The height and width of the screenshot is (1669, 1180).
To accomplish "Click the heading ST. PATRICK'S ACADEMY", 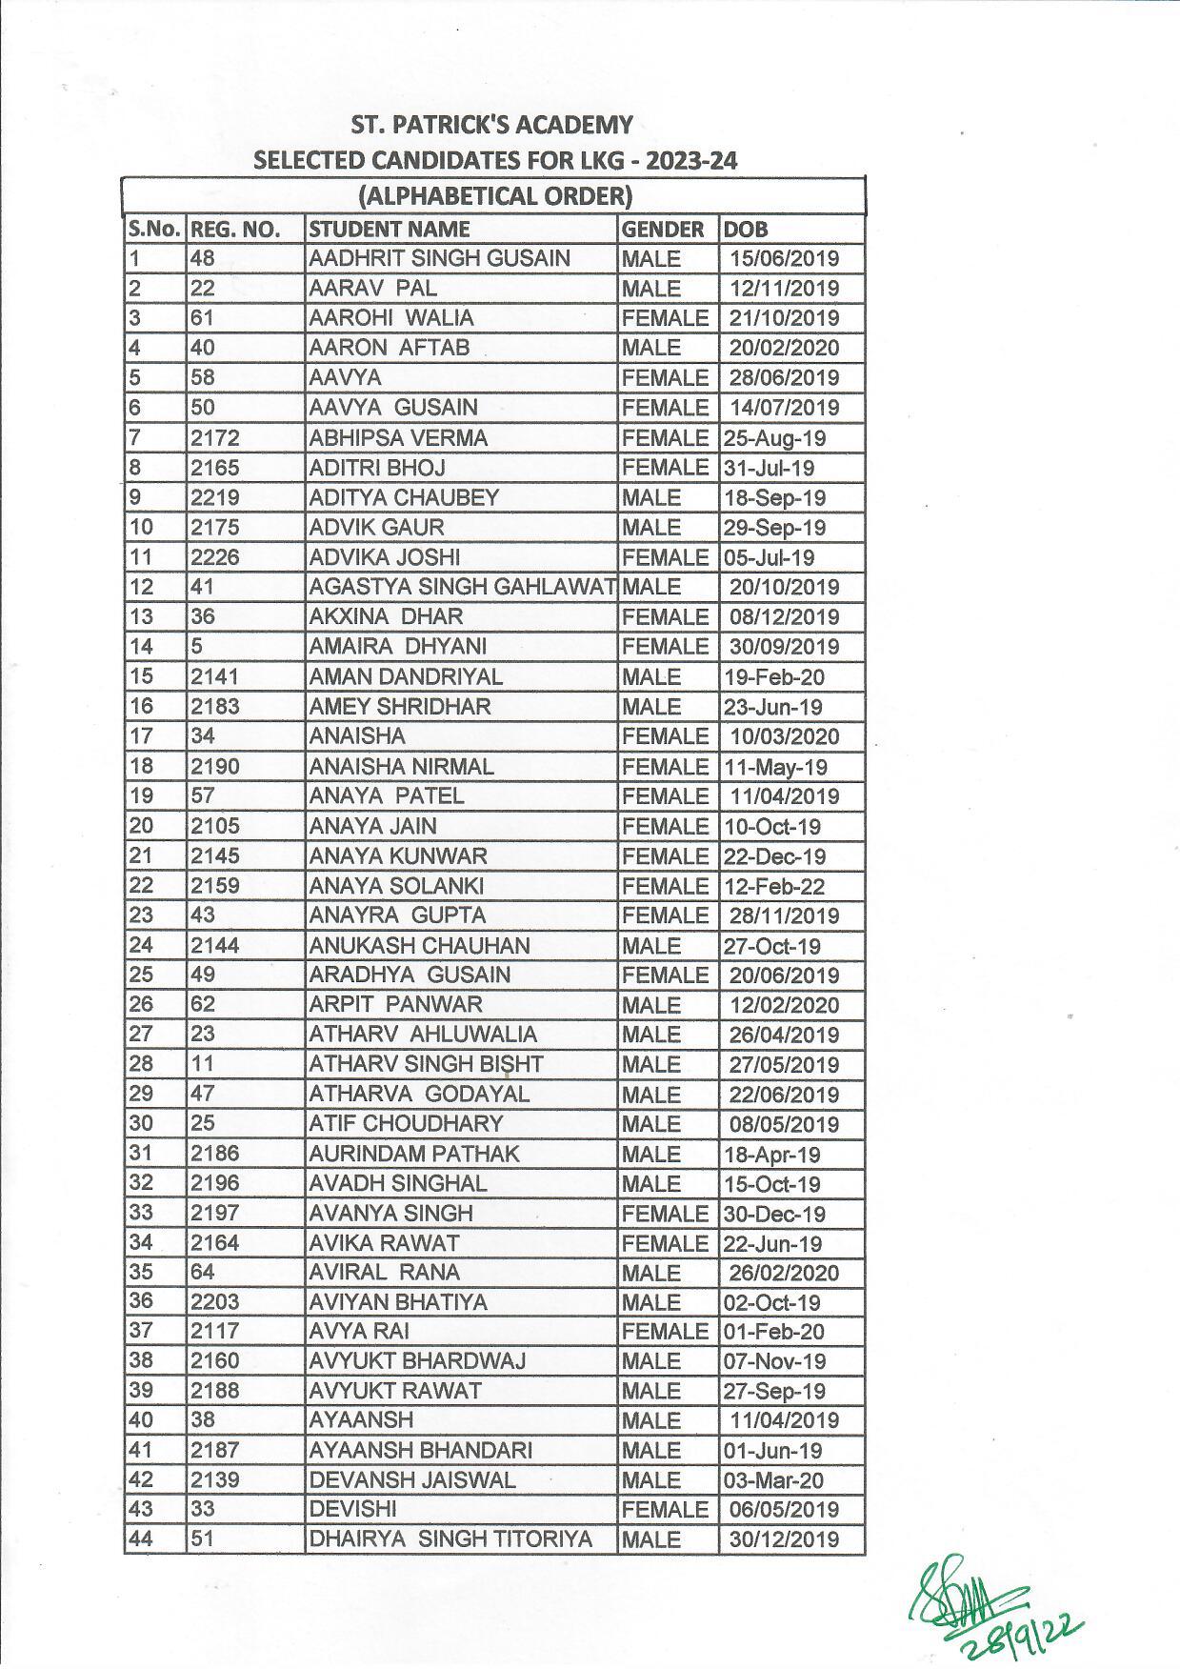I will (491, 125).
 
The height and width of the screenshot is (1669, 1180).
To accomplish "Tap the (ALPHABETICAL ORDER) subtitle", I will (494, 196).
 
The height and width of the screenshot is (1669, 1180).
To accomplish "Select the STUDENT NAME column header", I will (390, 229).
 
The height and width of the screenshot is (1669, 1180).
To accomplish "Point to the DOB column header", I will (745, 229).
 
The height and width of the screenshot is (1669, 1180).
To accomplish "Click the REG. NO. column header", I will (234, 229).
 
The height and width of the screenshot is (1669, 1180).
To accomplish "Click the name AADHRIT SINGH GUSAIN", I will (439, 258).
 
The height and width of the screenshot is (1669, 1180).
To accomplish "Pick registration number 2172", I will (214, 438).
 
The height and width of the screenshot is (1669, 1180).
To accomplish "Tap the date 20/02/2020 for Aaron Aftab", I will (784, 348).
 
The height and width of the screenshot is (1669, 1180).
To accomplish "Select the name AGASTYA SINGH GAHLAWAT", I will (462, 587).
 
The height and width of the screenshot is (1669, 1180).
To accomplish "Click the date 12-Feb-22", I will (774, 886).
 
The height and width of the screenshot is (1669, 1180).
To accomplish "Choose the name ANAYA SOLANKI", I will (396, 886).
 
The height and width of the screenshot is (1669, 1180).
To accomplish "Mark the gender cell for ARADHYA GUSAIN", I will (665, 975).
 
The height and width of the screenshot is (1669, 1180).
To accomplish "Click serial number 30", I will (141, 1124).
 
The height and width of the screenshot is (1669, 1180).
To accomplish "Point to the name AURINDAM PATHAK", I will (414, 1154).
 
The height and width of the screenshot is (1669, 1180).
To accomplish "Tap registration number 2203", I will (214, 1302).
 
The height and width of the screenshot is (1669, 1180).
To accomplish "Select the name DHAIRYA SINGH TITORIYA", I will (450, 1538).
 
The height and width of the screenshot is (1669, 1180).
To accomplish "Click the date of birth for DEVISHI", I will (784, 1509).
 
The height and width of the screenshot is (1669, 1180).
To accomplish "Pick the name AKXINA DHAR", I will (386, 616).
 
